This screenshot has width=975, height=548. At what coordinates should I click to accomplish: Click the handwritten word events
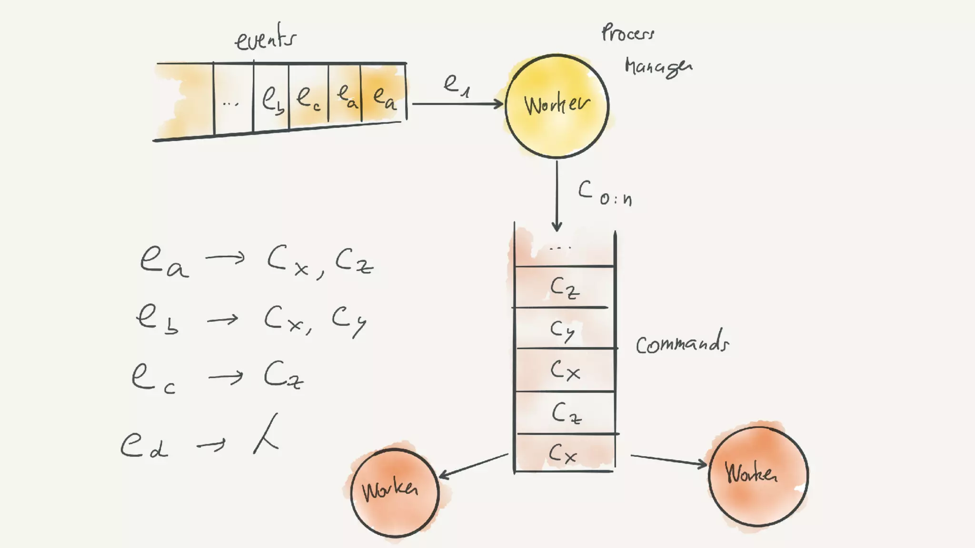pyautogui.click(x=266, y=38)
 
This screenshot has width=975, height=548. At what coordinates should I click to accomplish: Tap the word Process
pyautogui.click(x=627, y=33)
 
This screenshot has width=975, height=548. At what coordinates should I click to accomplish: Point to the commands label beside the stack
pyautogui.click(x=682, y=343)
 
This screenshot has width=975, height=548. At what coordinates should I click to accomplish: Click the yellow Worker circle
pyautogui.click(x=557, y=106)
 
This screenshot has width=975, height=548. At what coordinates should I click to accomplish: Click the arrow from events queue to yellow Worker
pyautogui.click(x=457, y=104)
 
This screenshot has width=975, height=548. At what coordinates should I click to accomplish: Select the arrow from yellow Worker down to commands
pyautogui.click(x=557, y=195)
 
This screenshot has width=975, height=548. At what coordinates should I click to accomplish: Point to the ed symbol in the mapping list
pyautogui.click(x=143, y=446)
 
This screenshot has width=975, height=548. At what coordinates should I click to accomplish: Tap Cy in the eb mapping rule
pyautogui.click(x=348, y=320)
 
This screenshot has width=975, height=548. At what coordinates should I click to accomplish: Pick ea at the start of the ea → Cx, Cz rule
pyautogui.click(x=163, y=262)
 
